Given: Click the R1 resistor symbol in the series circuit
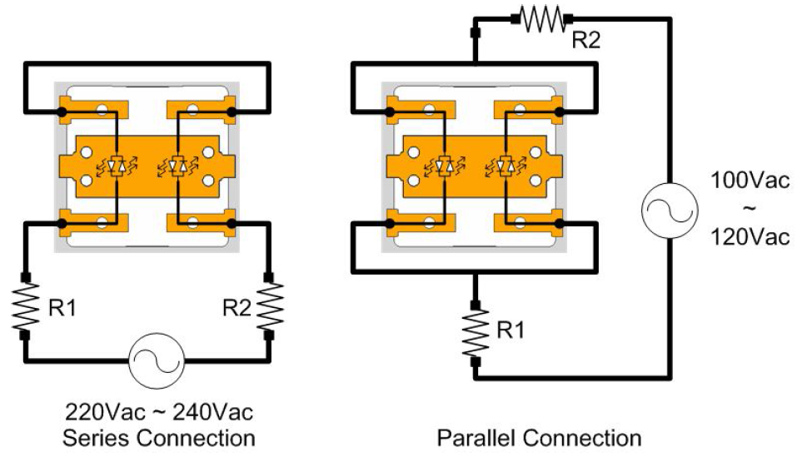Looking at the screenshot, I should click(x=26, y=306).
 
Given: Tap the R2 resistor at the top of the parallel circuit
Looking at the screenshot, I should click(x=544, y=19).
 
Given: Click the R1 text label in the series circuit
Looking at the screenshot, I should click(x=62, y=307).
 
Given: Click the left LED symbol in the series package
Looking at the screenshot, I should click(x=117, y=167).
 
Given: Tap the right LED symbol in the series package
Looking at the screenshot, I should click(x=176, y=167).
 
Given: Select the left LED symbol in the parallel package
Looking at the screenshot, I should click(x=445, y=167).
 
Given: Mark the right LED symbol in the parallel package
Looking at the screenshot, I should click(x=503, y=167).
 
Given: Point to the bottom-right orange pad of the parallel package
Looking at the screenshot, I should click(x=530, y=224).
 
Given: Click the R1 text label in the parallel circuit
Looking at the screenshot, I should click(x=510, y=330).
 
